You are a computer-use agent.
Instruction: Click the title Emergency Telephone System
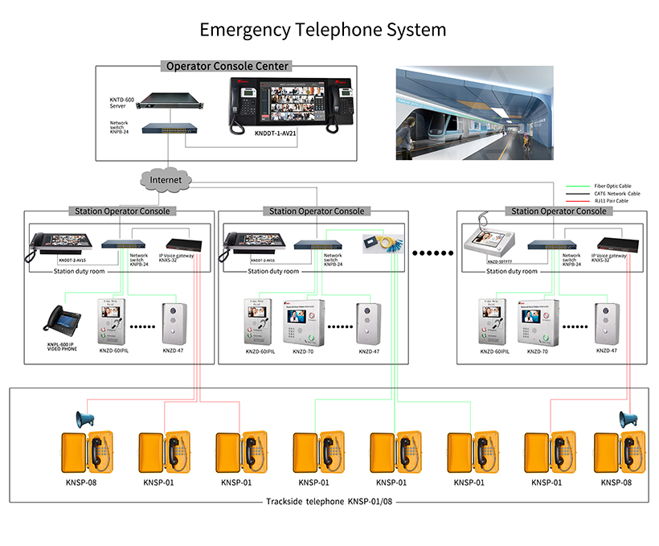pyautogui.click(x=322, y=31)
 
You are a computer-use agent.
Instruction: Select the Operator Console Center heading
pyautogui.click(x=227, y=66)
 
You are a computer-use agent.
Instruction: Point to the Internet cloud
pyautogui.click(x=166, y=179)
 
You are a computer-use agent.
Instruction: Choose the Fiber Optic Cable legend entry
pyautogui.click(x=612, y=186)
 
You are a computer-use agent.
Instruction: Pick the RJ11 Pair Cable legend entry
pyautogui.click(x=612, y=201)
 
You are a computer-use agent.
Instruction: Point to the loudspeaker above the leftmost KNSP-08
pyautogui.click(x=85, y=419)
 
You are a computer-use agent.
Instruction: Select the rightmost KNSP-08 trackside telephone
pyautogui.click(x=616, y=455)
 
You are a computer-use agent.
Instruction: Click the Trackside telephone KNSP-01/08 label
pyautogui.click(x=330, y=501)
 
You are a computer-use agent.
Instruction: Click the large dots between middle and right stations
pyautogui.click(x=432, y=253)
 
